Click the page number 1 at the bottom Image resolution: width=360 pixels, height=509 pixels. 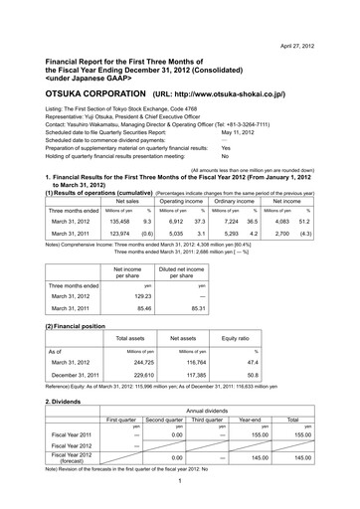point(180,501)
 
